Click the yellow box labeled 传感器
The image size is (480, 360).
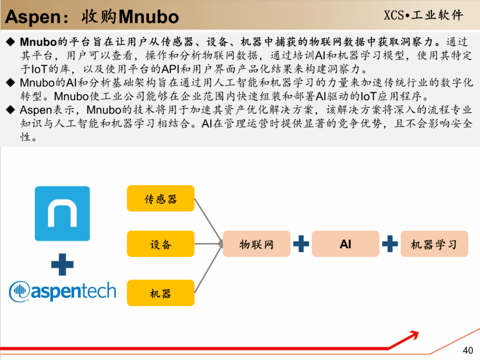point(161,198)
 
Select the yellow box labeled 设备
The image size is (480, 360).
point(161,244)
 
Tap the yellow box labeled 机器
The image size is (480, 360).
point(161,293)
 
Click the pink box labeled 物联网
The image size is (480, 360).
point(256,244)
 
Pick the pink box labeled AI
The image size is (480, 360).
point(345,244)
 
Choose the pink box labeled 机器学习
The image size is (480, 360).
point(434,244)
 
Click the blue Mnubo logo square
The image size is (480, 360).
point(63,213)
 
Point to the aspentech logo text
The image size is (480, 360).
point(73,291)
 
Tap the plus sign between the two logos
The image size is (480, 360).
point(63,264)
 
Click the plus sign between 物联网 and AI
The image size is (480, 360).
point(301,244)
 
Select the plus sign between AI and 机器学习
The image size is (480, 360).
point(390,244)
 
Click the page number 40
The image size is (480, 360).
point(468,350)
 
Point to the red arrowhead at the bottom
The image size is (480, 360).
point(414,335)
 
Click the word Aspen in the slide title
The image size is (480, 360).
point(33,17)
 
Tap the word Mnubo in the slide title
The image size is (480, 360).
point(149,17)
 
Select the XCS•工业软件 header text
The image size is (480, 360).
point(424,15)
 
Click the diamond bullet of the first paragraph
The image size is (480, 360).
point(11,42)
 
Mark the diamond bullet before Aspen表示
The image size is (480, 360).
point(11,110)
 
